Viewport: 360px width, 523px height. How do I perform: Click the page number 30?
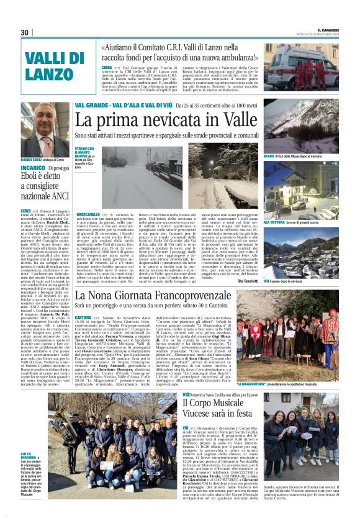(25, 32)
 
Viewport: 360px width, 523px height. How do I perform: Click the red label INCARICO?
(32, 168)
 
